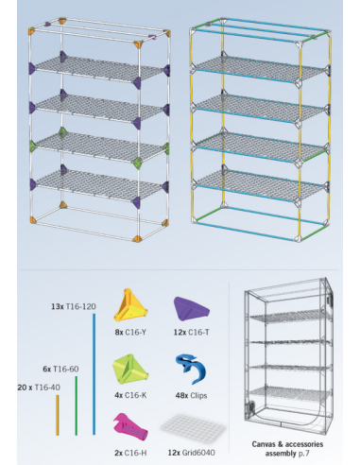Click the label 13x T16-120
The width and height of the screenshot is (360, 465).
[74, 306]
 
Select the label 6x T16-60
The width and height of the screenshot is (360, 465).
[60, 369]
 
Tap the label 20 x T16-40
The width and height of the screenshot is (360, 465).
[39, 387]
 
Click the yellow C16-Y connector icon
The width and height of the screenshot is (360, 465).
[130, 304]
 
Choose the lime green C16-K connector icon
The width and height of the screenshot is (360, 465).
[130, 370]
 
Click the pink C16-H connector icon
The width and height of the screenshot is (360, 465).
[129, 427]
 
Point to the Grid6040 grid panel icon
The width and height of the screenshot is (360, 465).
[193, 427]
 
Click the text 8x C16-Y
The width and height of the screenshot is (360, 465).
[130, 332]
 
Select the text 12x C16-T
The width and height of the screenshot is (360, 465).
[192, 332]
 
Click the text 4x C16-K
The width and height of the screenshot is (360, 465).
[130, 395]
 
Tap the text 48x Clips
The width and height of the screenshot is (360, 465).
[191, 395]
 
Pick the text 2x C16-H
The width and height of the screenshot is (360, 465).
[130, 453]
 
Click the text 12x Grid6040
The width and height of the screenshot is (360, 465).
[192, 453]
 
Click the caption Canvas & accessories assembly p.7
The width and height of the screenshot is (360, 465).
[287, 449]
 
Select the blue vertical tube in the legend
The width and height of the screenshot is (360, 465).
[94, 374]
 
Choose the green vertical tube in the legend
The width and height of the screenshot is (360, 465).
[77, 405]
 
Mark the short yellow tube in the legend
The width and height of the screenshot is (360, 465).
[58, 415]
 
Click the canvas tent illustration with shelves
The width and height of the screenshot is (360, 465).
[288, 356]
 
